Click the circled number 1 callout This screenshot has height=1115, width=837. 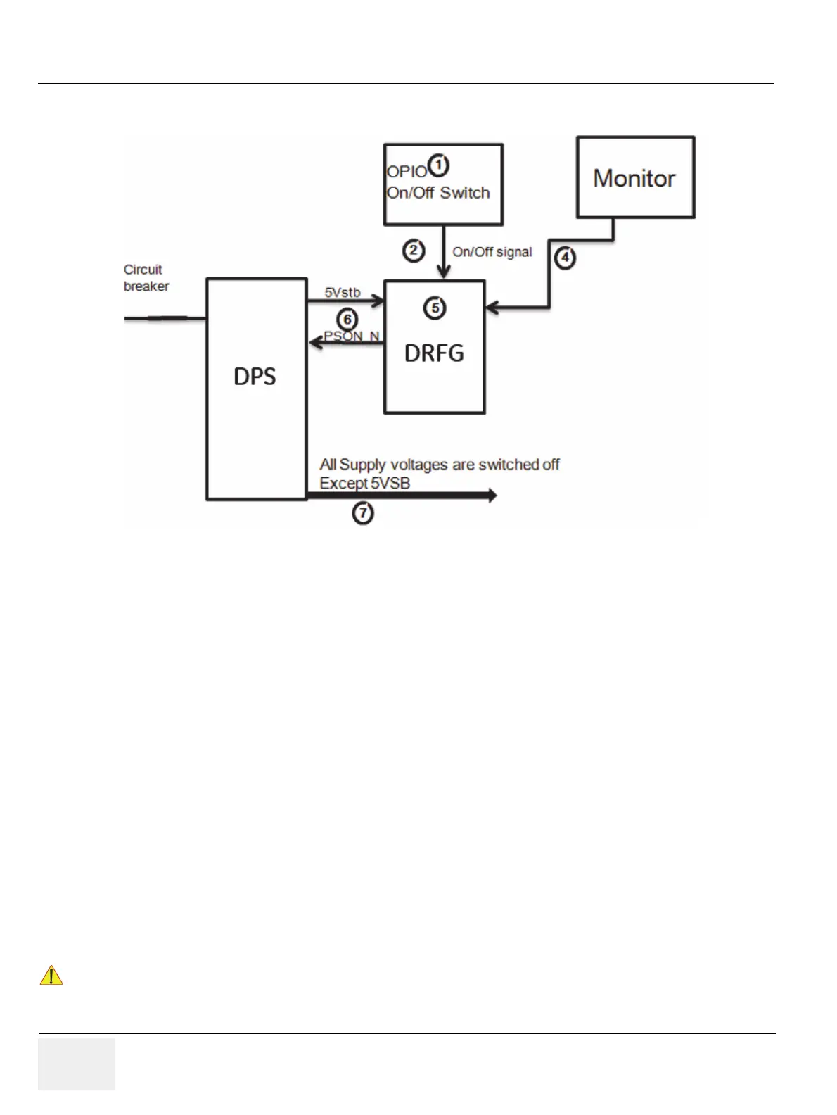pos(439,165)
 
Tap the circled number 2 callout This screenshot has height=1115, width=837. pos(414,250)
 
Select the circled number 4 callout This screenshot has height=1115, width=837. pos(565,258)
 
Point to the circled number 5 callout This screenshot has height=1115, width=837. pos(435,308)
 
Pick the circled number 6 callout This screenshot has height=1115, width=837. pos(347,320)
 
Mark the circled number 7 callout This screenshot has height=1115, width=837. pos(363,513)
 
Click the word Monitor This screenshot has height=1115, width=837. pos(634,178)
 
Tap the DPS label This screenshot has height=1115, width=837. pos(255,377)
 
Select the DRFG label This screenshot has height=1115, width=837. pos(434,353)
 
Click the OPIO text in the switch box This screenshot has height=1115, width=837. pos(407,172)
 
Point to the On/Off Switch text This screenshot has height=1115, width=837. pos(438,193)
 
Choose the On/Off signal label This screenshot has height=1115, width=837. pos(492,252)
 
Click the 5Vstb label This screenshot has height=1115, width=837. pos(343,292)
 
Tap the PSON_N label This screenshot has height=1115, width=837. pos(352,336)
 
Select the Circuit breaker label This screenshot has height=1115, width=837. pos(146,278)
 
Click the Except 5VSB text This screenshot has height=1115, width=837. pos(364,483)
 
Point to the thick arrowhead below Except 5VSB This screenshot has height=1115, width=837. pos(492,496)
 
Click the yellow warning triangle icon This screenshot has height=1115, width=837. pos(51,976)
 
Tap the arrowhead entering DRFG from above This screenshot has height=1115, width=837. pos(443,272)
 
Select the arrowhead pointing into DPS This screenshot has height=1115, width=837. pos(316,342)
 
